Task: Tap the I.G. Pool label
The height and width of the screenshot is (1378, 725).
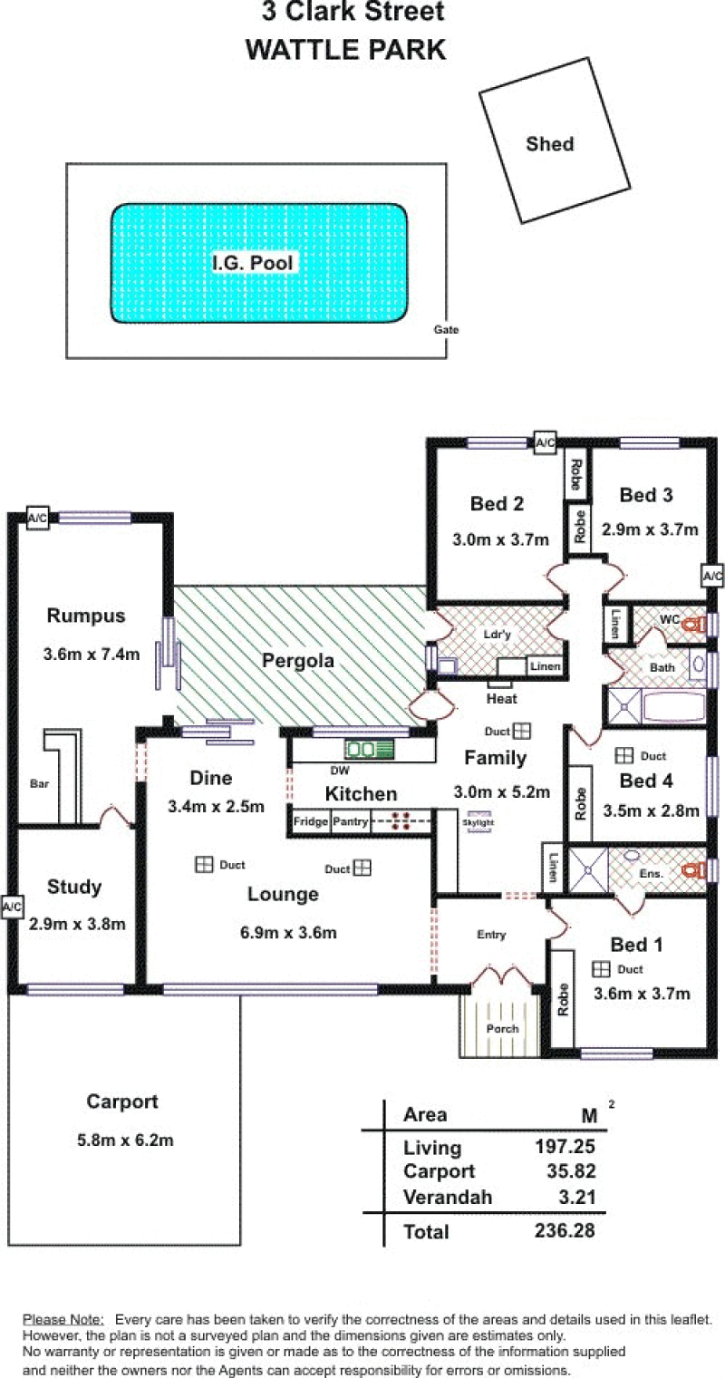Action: pyautogui.click(x=252, y=263)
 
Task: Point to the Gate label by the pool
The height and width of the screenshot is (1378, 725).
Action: pyautogui.click(x=446, y=330)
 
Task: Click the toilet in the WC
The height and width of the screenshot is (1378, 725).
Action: pyautogui.click(x=694, y=625)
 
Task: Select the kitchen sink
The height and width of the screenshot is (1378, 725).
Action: pyautogui.click(x=370, y=749)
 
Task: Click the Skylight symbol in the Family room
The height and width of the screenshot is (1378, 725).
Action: pyautogui.click(x=479, y=822)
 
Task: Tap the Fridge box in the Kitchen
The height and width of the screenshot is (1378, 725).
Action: pyautogui.click(x=311, y=822)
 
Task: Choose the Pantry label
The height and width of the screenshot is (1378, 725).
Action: pyautogui.click(x=350, y=822)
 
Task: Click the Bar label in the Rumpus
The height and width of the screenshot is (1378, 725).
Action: pyautogui.click(x=39, y=783)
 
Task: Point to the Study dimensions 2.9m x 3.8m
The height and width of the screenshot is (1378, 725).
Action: pyautogui.click(x=77, y=924)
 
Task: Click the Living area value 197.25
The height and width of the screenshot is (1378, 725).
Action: pyautogui.click(x=565, y=1146)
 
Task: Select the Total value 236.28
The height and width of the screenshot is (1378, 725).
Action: pyautogui.click(x=565, y=1230)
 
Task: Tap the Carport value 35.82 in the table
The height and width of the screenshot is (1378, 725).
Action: pyautogui.click(x=571, y=1171)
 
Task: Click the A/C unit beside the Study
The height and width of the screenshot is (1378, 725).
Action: pyautogui.click(x=12, y=907)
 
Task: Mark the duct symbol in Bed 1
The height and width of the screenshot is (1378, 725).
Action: pyautogui.click(x=601, y=969)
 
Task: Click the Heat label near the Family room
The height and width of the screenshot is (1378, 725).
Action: pyautogui.click(x=502, y=699)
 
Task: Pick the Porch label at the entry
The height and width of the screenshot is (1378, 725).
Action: pyautogui.click(x=502, y=1029)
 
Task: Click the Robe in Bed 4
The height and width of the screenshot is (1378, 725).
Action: pyautogui.click(x=579, y=803)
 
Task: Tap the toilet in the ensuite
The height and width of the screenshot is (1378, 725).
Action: pyautogui.click(x=693, y=870)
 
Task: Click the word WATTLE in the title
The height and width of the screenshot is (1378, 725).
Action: pyautogui.click(x=300, y=50)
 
